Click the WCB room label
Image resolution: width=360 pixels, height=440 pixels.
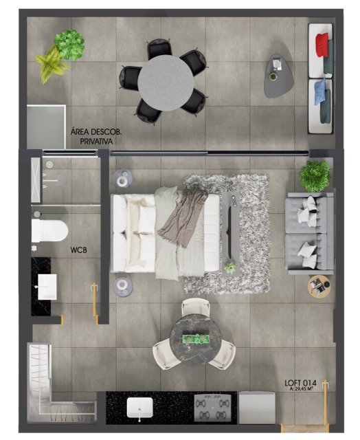coord(78,250)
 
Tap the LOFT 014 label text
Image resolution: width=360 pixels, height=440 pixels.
coord(300,383)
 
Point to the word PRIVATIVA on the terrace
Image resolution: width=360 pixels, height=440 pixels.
coord(96,141)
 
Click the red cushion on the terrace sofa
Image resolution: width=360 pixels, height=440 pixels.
coord(322,44)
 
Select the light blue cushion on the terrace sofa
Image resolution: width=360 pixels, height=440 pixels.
coord(320,91)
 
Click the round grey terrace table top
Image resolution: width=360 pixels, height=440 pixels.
coord(166,82)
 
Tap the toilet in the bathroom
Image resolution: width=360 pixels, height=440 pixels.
coord(49,230)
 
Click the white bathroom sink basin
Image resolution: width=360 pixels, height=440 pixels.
coord(47,287)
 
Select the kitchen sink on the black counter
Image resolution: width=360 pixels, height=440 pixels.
coord(140,407)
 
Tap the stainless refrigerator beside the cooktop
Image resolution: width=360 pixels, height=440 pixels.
coord(257,408)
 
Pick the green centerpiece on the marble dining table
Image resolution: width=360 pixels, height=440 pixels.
coord(196,339)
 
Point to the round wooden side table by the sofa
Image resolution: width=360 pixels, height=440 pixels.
coord(319,286)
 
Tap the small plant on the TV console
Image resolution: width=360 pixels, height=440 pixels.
coord(230,267)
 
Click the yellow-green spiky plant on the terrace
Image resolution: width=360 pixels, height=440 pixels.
coord(52,64)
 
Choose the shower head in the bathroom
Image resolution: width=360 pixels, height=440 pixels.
coord(49,164)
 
